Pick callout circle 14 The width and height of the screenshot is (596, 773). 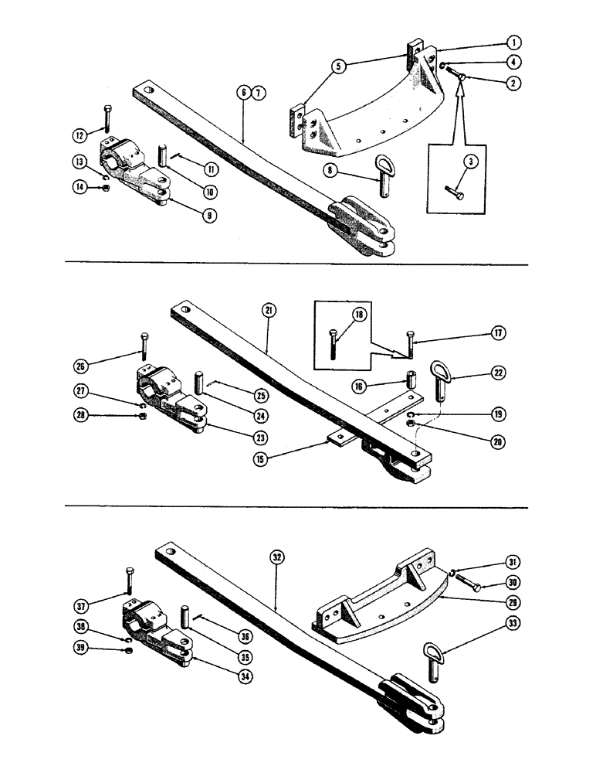pos(80,186)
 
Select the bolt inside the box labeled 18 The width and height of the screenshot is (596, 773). pos(332,345)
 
